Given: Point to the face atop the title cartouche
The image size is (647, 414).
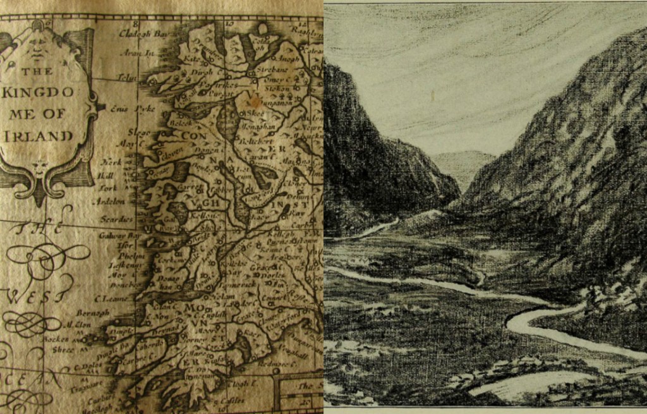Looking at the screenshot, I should pyautogui.click(x=39, y=44).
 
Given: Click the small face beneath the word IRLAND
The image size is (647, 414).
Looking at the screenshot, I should pyautogui.click(x=40, y=167).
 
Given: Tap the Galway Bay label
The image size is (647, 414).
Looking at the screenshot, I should pyautogui.click(x=113, y=234).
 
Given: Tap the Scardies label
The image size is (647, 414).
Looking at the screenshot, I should pyautogui.click(x=117, y=219).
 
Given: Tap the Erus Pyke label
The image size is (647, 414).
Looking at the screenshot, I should pyautogui.click(x=124, y=108).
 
